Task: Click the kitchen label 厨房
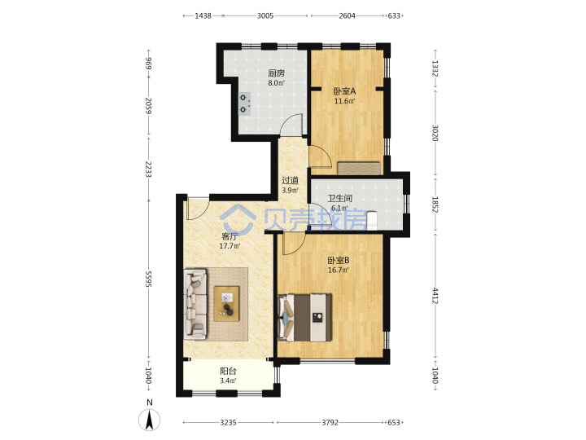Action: tap(276, 73)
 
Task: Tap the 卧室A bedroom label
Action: tap(344, 91)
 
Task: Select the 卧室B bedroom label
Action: tap(339, 261)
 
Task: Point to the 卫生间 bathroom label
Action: tap(339, 198)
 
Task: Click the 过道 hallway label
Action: tap(290, 180)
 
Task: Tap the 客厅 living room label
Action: tap(230, 236)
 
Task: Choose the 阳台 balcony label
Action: tap(228, 372)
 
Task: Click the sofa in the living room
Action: tap(195, 304)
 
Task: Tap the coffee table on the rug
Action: tap(226, 303)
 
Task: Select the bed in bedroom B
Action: tap(305, 317)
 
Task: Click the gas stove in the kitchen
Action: tap(245, 103)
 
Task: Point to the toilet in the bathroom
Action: tap(371, 220)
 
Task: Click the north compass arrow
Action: tap(150, 420)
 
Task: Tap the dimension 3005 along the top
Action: tap(265, 15)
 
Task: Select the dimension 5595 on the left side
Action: tap(148, 279)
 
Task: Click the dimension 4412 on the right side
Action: tap(435, 296)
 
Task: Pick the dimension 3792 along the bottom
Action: tap(330, 422)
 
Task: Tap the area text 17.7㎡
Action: tap(230, 246)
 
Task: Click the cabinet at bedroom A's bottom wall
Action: tap(359, 168)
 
